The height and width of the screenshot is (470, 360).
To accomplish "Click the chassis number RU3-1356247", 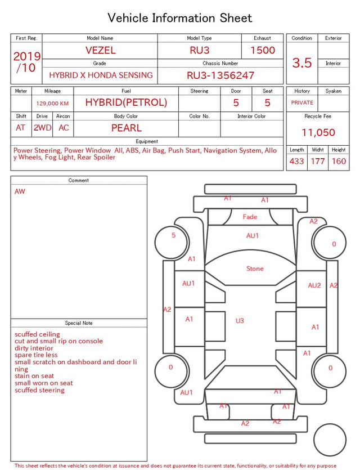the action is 220,75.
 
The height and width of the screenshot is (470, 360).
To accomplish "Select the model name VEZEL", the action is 100,50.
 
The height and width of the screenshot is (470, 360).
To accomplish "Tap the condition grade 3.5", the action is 302,63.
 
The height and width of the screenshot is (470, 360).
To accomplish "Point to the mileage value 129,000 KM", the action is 52,104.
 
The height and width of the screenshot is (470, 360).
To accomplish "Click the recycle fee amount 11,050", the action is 318,132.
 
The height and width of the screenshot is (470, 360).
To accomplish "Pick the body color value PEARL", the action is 127,128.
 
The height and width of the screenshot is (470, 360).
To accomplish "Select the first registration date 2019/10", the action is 26,62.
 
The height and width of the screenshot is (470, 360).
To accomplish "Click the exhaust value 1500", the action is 263,50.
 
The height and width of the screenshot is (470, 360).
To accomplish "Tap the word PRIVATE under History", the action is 302,102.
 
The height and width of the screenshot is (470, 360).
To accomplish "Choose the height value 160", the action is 339,161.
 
